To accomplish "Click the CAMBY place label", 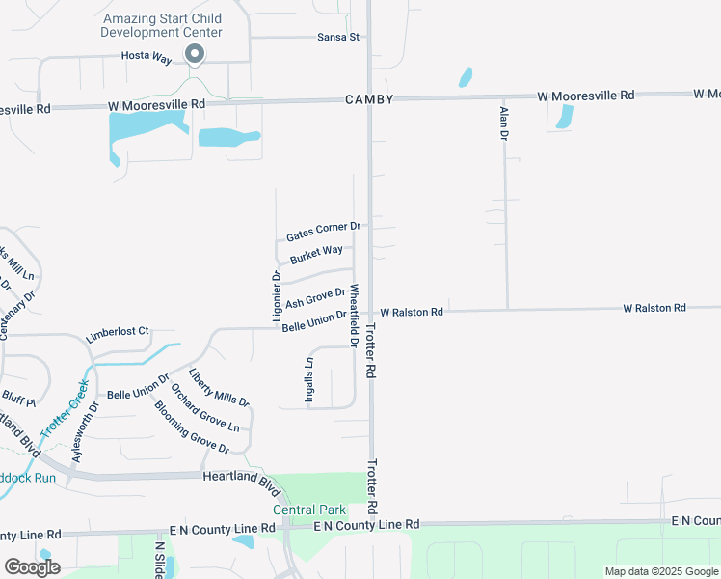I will tap(369, 100).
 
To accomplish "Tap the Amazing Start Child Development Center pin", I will tap(195, 55).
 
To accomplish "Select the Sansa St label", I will tap(338, 38).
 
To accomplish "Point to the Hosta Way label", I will tap(147, 58).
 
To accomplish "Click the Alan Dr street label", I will tap(503, 124).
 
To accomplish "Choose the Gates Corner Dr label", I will tap(323, 232).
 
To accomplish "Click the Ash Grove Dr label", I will tap(315, 297).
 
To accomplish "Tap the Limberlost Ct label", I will tap(118, 333).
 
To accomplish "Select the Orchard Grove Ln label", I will tap(204, 406).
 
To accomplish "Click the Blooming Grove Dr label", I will tap(191, 427).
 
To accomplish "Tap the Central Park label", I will tap(308, 510).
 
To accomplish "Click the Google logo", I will tap(32, 567).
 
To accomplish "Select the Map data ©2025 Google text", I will tap(660, 571).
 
